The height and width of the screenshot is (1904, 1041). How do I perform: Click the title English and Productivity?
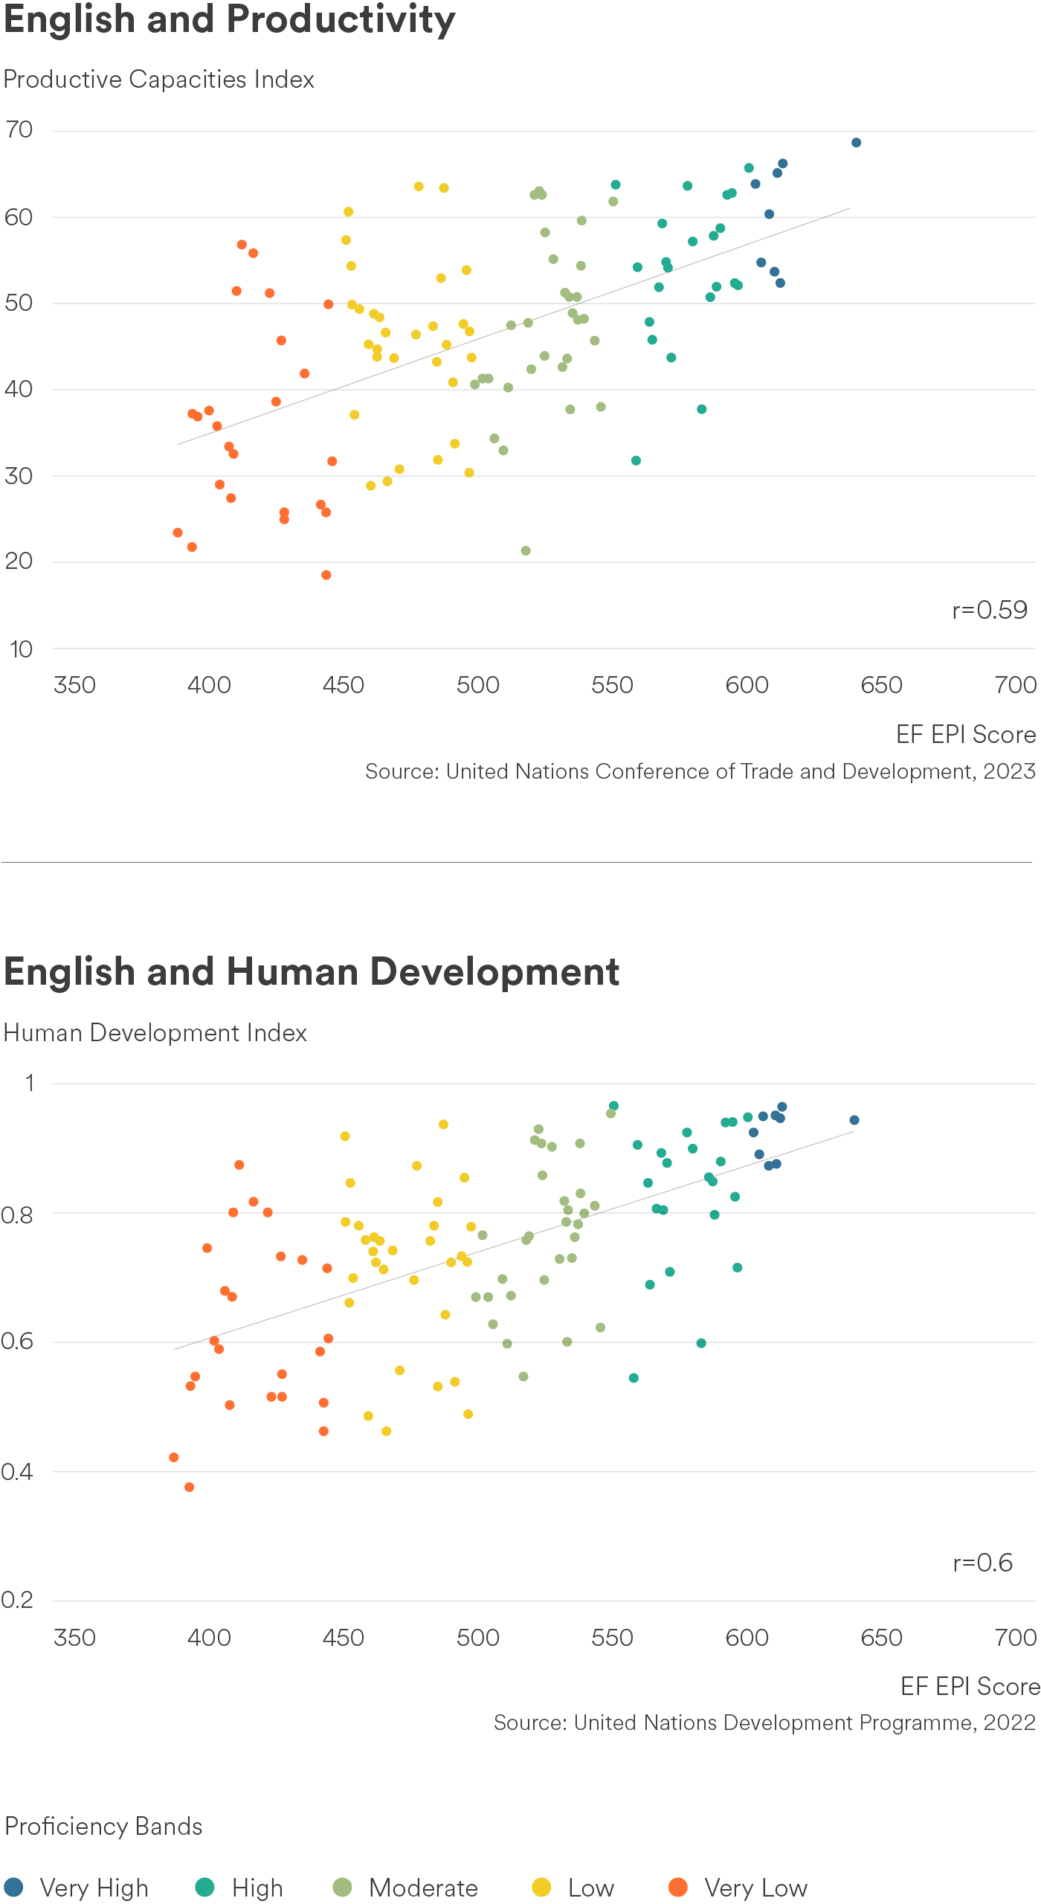230,20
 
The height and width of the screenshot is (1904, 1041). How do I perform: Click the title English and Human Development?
312,971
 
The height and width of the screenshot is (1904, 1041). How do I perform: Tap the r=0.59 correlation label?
990,610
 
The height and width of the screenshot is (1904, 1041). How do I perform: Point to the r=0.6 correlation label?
983,1563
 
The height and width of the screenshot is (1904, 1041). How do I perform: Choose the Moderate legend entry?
406,1888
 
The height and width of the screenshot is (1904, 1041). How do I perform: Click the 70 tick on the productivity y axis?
19,129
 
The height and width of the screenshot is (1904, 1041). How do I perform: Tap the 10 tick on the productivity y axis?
21,649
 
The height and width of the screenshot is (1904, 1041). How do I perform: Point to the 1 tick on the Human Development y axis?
30,1083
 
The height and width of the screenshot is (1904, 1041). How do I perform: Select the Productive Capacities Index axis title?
159,80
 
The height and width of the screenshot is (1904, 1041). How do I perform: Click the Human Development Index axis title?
155,1033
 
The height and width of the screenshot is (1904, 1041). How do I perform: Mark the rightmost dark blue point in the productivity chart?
856,143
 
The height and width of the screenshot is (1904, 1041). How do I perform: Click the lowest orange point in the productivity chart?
326,575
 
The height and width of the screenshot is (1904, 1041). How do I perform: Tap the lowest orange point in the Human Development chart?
189,1487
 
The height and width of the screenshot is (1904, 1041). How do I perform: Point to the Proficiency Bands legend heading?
103,1827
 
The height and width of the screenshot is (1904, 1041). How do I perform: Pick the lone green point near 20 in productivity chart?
526,551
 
